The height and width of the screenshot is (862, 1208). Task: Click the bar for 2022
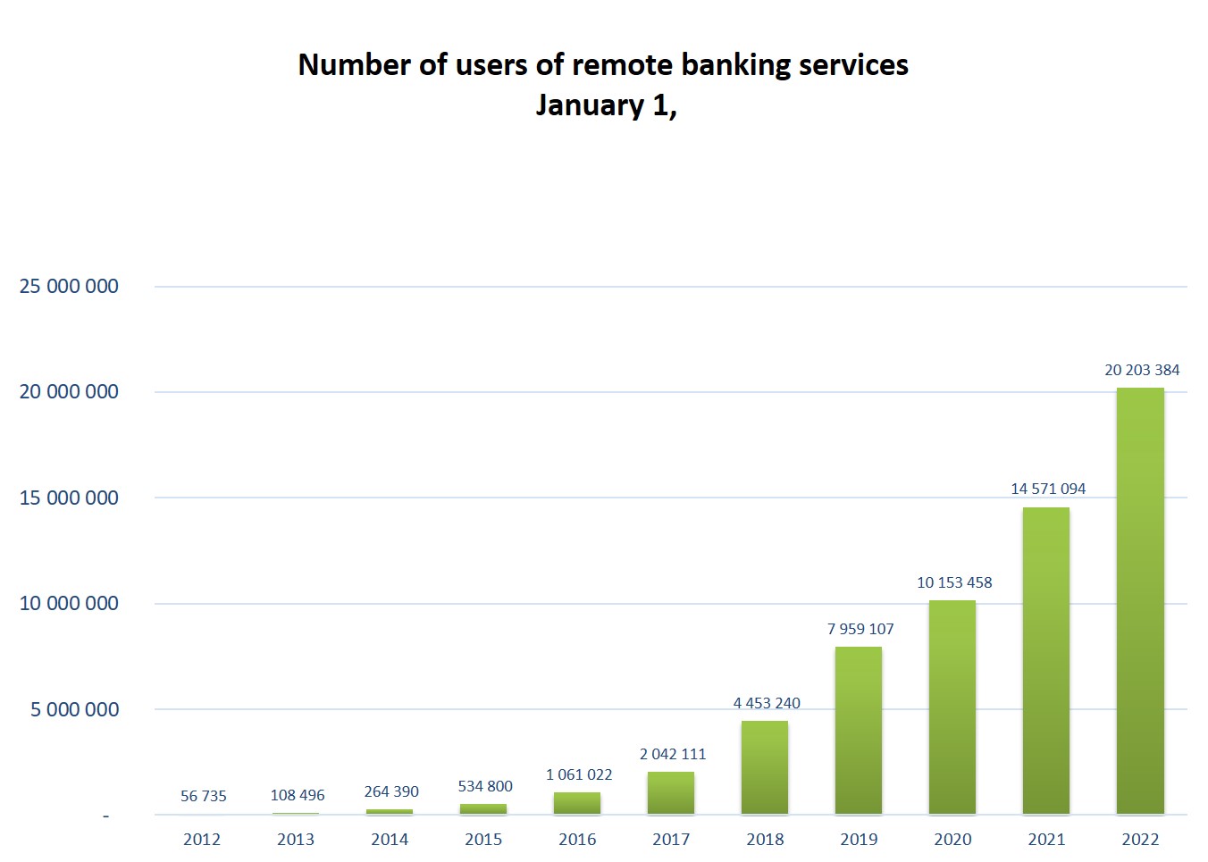pos(1140,600)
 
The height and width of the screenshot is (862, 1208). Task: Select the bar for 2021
pos(1046,661)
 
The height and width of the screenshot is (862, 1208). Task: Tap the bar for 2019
pos(859,731)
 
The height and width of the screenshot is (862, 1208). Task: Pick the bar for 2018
pos(765,767)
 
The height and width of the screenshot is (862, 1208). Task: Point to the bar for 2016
pos(577,803)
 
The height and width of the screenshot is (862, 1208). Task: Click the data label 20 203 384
pos(1142,370)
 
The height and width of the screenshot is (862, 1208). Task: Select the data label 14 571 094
pos(1048,489)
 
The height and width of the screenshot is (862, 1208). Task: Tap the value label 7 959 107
pos(860,629)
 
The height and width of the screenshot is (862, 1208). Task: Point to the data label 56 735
pos(204,796)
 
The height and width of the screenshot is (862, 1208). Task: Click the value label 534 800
pos(485,786)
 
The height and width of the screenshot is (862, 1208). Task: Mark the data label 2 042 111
pos(673,754)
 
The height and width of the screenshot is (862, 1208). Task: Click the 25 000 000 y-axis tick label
pos(69,287)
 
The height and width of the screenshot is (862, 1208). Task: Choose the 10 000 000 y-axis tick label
pos(69,604)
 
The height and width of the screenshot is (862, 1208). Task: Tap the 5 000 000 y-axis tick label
pos(74,709)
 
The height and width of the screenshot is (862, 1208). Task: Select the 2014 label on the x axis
pos(390,840)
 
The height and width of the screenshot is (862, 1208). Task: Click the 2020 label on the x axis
pos(952,840)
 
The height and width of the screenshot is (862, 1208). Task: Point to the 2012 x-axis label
pos(202,840)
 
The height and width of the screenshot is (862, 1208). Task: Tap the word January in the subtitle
pos(590,105)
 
